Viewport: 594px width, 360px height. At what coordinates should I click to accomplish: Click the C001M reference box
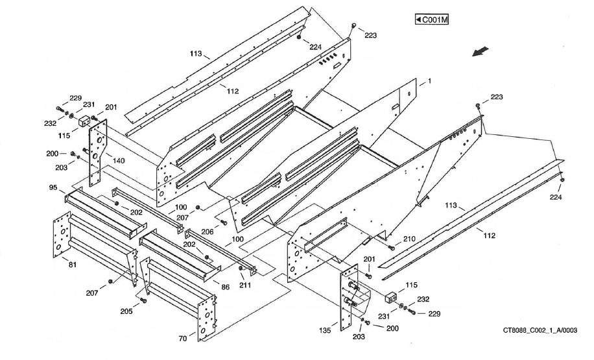coord(433,19)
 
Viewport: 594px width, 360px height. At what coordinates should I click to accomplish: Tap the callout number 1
coord(429,82)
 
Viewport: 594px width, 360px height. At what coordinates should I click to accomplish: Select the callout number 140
coord(119,160)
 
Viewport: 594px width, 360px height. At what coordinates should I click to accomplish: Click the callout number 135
coord(326,331)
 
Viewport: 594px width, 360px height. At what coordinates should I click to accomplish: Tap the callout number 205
coord(127,311)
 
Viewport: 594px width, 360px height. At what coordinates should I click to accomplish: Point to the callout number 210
coord(409,239)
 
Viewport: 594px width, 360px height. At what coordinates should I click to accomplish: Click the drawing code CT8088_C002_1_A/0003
coord(540,330)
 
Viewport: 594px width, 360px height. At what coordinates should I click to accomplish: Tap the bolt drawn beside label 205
coord(143,300)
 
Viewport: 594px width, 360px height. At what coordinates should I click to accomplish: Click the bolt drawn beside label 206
coord(224,222)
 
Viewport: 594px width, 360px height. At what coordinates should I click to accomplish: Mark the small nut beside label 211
coord(240,269)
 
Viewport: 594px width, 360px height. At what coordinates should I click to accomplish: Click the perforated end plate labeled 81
coord(61,236)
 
